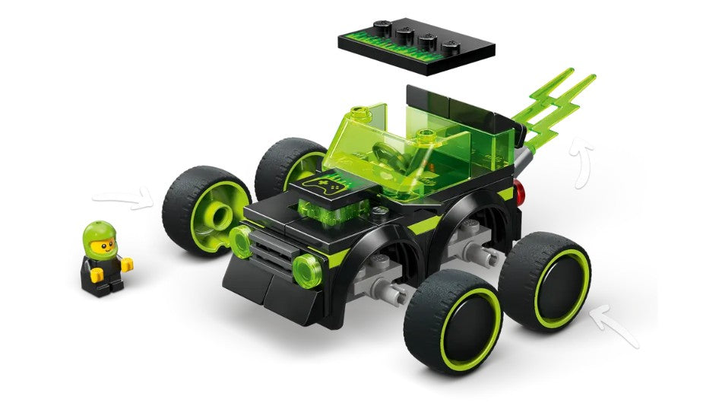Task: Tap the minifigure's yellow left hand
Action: point(126,265)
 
